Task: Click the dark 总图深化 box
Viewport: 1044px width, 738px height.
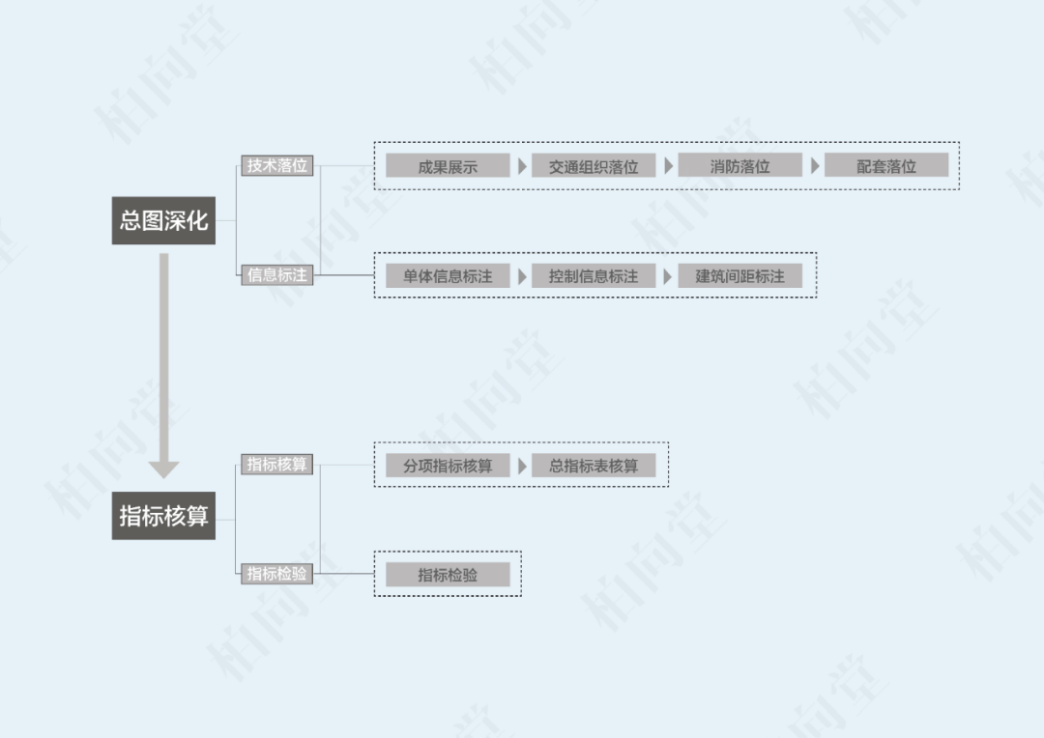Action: (163, 219)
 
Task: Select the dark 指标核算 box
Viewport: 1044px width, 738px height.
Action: (163, 515)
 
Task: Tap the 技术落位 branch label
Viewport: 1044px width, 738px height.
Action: (277, 165)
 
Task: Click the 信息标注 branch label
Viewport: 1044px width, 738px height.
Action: (277, 275)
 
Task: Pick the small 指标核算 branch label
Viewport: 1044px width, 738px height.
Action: (277, 465)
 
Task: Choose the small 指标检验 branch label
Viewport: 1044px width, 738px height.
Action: (277, 574)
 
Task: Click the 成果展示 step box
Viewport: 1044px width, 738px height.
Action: (448, 166)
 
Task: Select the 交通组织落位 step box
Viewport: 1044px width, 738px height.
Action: (594, 166)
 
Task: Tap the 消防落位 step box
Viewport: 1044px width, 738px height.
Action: (739, 166)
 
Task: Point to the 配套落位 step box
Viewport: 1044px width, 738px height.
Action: (886, 166)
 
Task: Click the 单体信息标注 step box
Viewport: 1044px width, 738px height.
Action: (448, 276)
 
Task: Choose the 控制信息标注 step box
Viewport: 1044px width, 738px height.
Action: (594, 276)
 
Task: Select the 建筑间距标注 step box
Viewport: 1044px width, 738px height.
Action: (739, 276)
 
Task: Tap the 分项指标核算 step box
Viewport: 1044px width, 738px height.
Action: (448, 466)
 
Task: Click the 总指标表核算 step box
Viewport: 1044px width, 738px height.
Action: (594, 466)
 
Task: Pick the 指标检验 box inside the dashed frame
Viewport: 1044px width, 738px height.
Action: (448, 575)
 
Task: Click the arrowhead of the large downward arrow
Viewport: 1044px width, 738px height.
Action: (163, 468)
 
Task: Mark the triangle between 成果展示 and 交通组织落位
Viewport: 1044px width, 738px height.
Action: (522, 166)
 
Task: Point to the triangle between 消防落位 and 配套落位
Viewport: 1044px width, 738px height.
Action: (815, 166)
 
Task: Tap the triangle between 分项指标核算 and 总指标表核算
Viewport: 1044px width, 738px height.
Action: (522, 466)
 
